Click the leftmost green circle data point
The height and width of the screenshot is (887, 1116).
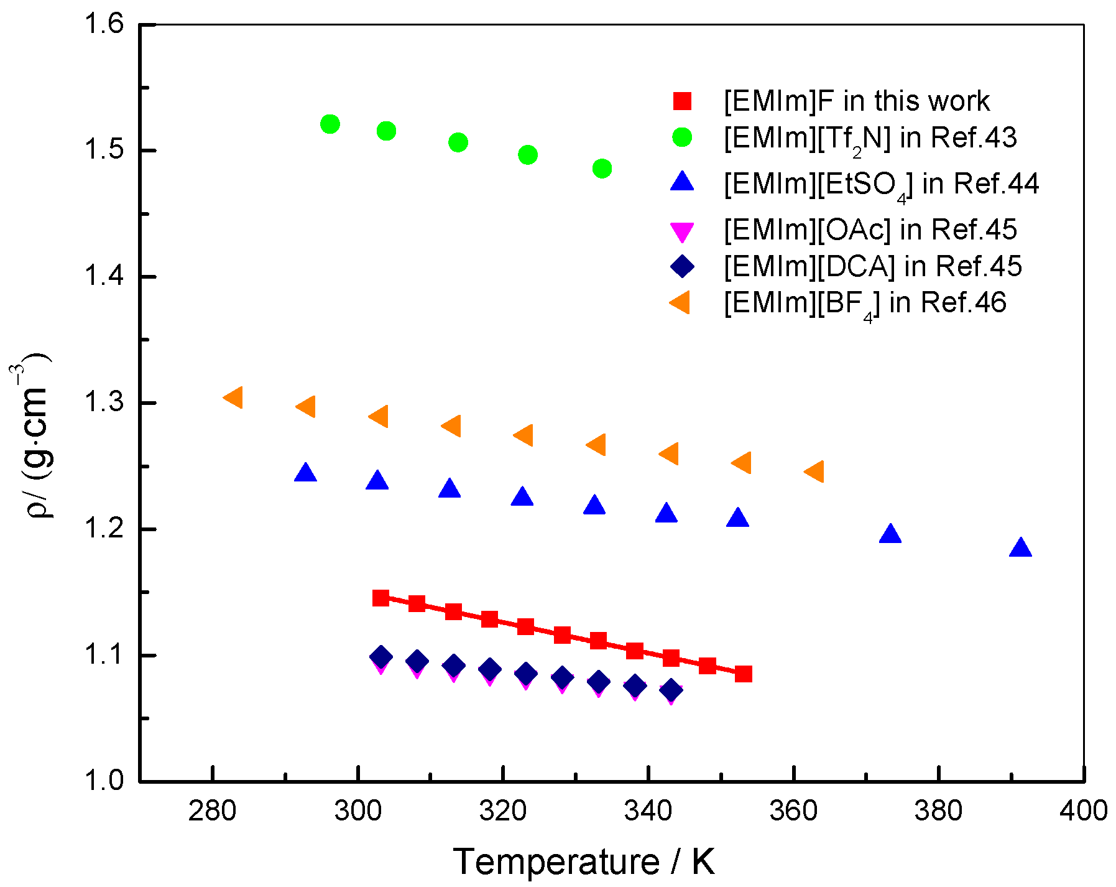330,124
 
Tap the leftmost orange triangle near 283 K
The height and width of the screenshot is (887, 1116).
234,397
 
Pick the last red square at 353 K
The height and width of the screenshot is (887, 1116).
744,674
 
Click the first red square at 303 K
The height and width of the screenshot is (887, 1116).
380,598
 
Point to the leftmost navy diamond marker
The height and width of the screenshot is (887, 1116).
380,656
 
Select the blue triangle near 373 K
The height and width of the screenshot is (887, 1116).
890,534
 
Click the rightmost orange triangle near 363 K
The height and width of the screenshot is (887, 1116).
815,471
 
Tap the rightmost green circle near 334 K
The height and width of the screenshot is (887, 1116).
602,168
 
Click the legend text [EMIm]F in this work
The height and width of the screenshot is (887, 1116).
856,101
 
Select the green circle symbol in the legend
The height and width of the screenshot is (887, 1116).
682,137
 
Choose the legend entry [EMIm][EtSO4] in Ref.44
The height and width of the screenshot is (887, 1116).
881,184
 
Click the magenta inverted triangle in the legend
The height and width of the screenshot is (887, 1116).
682,232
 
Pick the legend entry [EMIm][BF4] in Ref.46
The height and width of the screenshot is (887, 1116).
864,304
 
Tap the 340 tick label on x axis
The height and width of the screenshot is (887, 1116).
649,811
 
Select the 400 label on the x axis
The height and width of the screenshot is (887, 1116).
1083,811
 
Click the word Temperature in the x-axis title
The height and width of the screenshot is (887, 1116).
556,861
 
